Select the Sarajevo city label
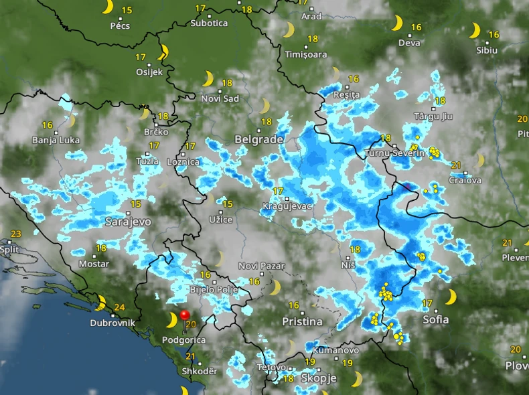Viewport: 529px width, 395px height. tap(128, 221)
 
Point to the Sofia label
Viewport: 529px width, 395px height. tap(436, 319)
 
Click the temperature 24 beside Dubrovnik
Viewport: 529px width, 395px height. tap(120, 308)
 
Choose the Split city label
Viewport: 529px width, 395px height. tap(9, 249)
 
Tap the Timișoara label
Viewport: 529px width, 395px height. tap(306, 54)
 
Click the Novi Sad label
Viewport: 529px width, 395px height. tap(220, 98)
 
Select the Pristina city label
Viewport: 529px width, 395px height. tap(301, 321)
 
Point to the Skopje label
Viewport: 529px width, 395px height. tap(319, 378)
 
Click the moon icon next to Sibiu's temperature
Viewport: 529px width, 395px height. tap(475, 31)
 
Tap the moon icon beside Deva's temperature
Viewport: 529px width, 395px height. tap(397, 24)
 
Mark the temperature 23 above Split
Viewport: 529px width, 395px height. tap(16, 234)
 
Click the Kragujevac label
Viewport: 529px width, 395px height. tap(288, 206)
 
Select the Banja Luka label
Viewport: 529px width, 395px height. tap(56, 141)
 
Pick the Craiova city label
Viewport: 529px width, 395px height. tap(465, 180)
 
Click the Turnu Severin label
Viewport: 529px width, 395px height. tap(395, 153)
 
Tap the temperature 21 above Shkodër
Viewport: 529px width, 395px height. tap(191, 356)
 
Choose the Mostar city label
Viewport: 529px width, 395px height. tap(94, 264)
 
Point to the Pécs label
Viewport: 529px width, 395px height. tap(120, 26)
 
